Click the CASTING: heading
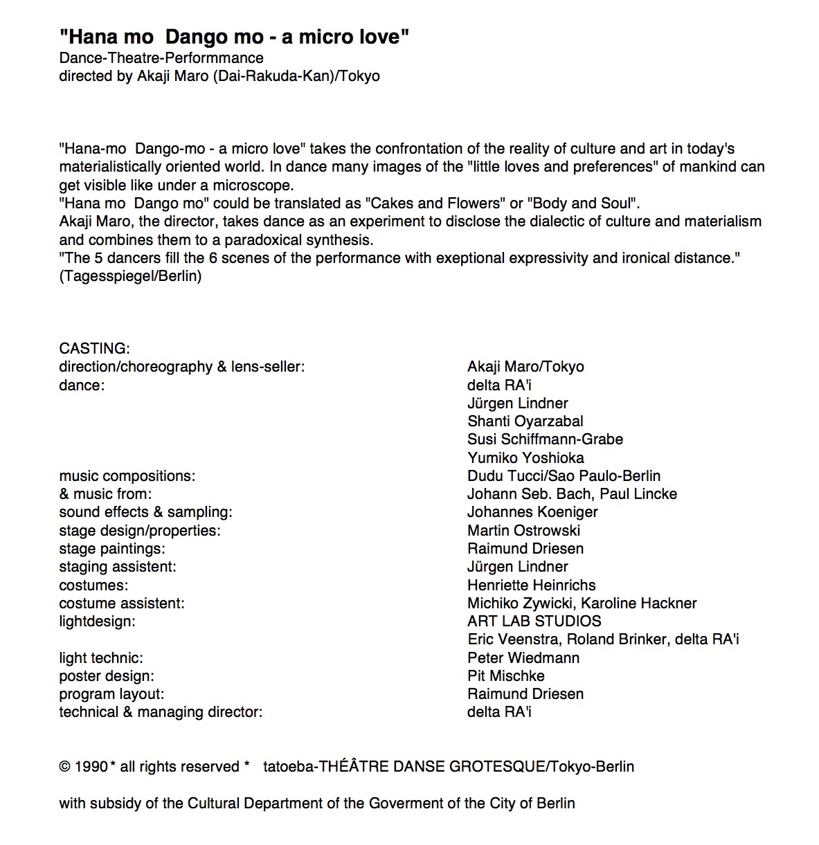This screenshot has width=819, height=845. click(x=94, y=348)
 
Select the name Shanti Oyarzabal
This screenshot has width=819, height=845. click(x=525, y=421)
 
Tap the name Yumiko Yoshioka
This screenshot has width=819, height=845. click(x=525, y=457)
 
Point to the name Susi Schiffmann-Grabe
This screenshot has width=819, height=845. click(x=545, y=439)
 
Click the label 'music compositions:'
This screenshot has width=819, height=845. click(x=127, y=476)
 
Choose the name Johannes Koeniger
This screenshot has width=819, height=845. click(x=532, y=512)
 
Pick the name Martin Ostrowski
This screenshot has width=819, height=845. click(x=523, y=531)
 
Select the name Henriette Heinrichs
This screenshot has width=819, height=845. click(x=531, y=585)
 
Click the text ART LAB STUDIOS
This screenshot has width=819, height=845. click(x=534, y=621)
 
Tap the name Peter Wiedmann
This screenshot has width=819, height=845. click(x=523, y=658)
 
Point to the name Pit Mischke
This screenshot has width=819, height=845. click(x=505, y=676)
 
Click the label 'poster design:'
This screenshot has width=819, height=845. click(x=106, y=676)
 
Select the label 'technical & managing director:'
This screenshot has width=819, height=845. click(x=161, y=712)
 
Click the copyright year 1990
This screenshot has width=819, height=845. click(x=91, y=767)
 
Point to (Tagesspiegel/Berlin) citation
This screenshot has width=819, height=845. click(x=130, y=276)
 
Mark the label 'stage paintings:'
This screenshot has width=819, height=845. click(x=111, y=549)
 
